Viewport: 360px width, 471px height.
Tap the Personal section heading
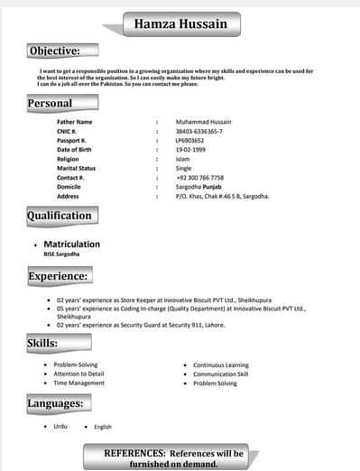pos(50,103)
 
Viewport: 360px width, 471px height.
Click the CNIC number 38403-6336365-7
pos(203,131)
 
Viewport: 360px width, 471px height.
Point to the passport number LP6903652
pos(190,140)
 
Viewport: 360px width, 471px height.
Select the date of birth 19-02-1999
pos(191,149)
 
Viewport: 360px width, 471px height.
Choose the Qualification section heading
pos(59,216)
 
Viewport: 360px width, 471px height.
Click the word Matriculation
pos(71,244)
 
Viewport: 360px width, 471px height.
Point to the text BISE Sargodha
pos(63,254)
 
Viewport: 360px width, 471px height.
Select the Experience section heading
pos(58,275)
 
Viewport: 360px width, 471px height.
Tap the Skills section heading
pos(42,344)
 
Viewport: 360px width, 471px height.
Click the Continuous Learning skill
pos(221,365)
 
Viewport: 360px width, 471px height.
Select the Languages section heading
pos(55,403)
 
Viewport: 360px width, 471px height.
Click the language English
pos(102,426)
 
